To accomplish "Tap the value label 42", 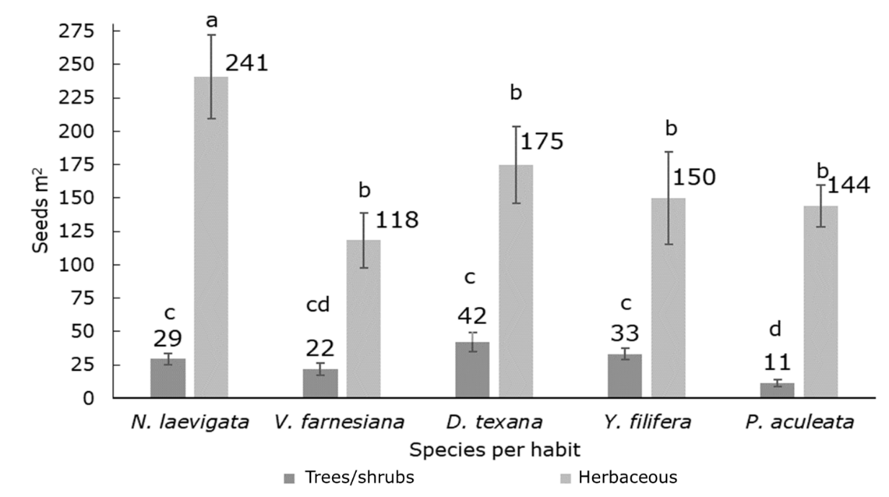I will [x=473, y=315].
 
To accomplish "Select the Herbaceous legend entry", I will [x=630, y=477].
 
